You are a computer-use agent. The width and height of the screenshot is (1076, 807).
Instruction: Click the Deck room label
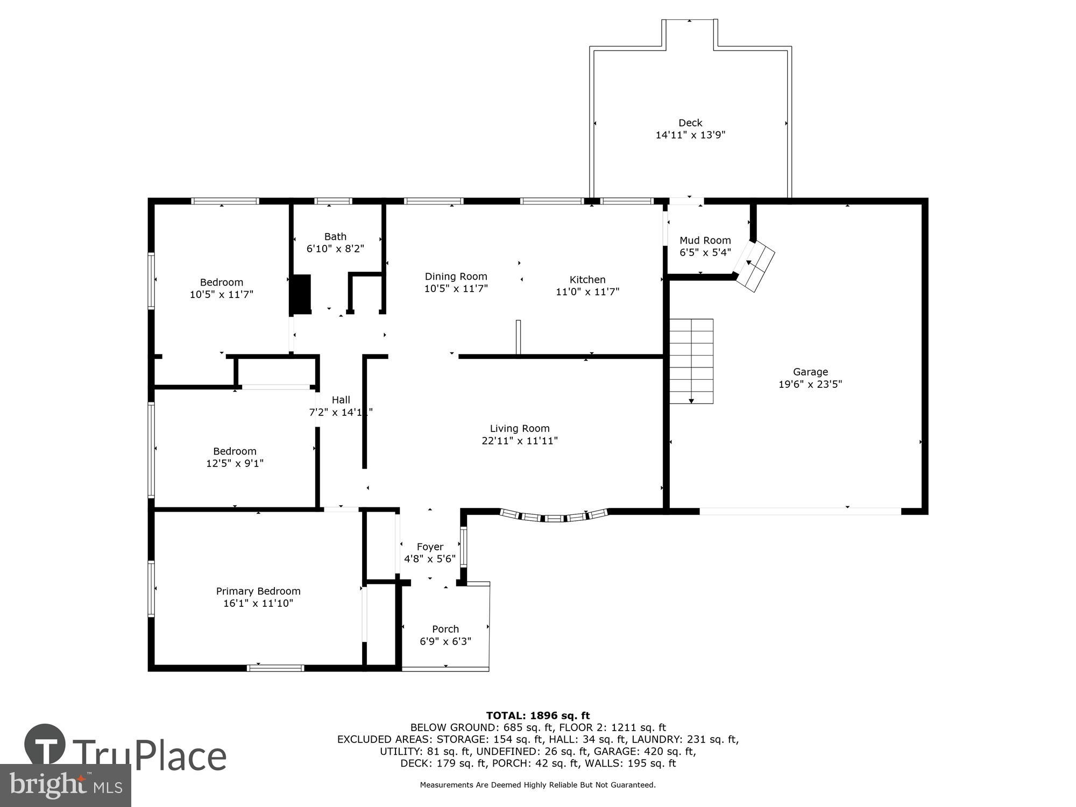(690, 123)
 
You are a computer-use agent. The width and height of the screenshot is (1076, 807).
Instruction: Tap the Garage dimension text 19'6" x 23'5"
(810, 384)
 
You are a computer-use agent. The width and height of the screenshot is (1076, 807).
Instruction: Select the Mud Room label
(705, 240)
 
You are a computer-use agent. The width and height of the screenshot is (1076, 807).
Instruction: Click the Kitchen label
(587, 280)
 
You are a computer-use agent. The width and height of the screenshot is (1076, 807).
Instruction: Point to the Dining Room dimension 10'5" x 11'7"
(456, 289)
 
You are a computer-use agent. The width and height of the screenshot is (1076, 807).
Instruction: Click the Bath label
(335, 237)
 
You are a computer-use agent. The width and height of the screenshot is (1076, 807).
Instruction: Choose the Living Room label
(519, 429)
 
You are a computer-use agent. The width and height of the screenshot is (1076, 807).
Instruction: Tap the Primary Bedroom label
(258, 591)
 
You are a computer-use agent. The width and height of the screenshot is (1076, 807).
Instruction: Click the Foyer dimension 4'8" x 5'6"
(430, 559)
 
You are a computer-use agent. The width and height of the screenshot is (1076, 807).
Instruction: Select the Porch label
(445, 629)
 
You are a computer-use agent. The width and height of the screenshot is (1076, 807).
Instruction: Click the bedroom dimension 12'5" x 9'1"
(235, 463)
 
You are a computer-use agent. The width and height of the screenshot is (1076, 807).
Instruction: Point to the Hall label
(341, 400)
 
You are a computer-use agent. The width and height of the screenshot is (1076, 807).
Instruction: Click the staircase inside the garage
(691, 361)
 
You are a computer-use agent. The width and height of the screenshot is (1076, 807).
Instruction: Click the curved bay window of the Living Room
(554, 518)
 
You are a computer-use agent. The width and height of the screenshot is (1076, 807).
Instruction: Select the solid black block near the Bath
(301, 294)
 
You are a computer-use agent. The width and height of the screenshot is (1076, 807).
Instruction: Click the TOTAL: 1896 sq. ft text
(538, 716)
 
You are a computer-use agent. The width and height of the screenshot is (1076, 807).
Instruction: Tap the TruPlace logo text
(150, 756)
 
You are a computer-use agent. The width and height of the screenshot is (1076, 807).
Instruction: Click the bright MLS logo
(65, 785)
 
